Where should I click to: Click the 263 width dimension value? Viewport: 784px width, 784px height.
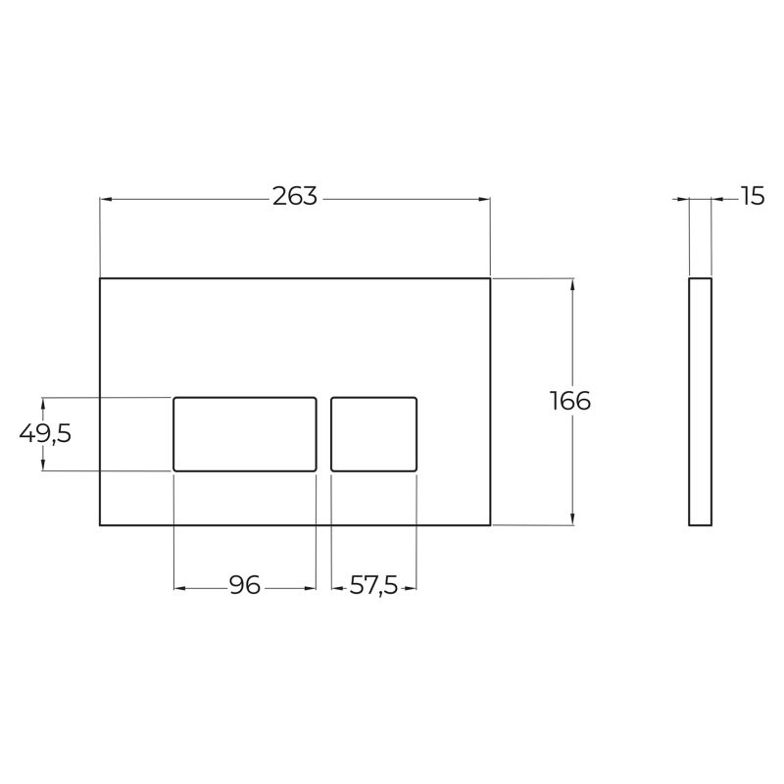point(295,197)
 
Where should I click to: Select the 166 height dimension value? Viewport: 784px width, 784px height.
point(570,401)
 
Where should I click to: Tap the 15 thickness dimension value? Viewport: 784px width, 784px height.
point(752,197)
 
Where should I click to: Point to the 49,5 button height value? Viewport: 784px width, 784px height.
point(45,433)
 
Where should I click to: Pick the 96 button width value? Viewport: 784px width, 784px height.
point(245,586)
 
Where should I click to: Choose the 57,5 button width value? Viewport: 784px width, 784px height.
point(374,586)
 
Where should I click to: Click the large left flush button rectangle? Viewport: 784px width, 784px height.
point(245,433)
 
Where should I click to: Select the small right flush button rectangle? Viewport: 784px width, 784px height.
point(374,433)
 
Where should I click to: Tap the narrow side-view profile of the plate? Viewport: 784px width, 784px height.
point(700,402)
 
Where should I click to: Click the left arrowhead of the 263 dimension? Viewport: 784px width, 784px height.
point(106,199)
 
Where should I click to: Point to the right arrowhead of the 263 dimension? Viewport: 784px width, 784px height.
point(484,199)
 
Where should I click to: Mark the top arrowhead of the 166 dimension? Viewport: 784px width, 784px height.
point(571,284)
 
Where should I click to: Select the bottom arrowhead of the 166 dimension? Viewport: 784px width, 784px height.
point(571,519)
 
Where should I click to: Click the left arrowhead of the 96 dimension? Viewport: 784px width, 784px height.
point(179,588)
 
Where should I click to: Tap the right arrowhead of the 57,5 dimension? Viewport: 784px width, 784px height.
point(412,588)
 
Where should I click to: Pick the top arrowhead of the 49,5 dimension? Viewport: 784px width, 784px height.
point(43,402)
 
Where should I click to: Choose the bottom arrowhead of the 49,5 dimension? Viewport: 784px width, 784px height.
point(43,465)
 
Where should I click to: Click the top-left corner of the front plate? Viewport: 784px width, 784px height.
point(101,279)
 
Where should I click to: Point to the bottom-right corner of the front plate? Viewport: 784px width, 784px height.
point(490,524)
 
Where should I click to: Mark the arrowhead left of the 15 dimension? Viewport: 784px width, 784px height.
point(684,199)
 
